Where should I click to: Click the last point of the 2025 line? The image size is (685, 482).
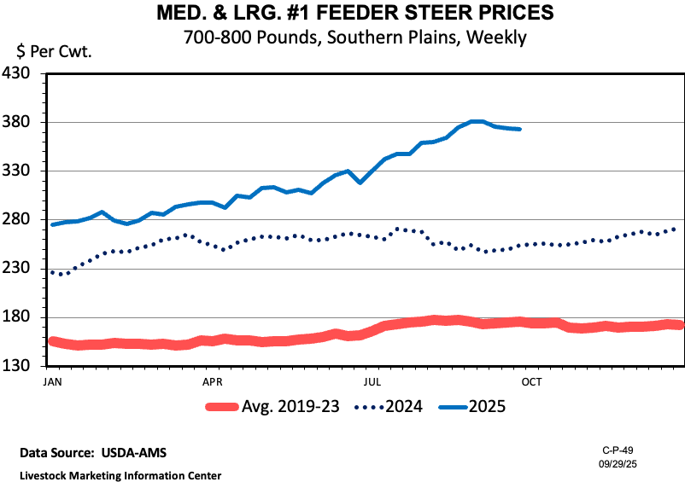(x=520, y=130)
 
